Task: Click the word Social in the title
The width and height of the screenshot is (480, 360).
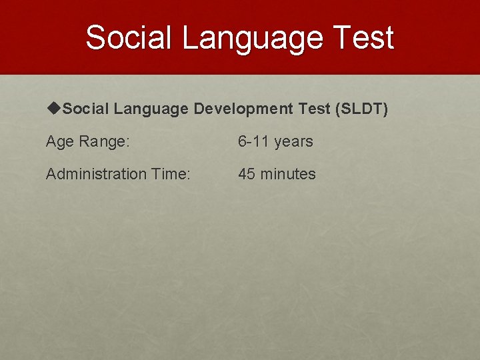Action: click(x=129, y=37)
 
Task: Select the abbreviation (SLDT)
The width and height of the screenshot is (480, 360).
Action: click(x=363, y=109)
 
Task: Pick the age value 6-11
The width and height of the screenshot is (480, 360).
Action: click(x=253, y=141)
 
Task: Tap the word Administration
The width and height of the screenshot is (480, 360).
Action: click(x=96, y=174)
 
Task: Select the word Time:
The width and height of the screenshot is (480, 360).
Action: click(x=171, y=174)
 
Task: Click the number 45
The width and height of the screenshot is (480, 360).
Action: click(x=247, y=174)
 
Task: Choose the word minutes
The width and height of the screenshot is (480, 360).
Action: click(x=288, y=174)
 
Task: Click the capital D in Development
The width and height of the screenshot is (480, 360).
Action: click(x=199, y=109)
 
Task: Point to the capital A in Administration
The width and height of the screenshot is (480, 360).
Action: click(x=51, y=174)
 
